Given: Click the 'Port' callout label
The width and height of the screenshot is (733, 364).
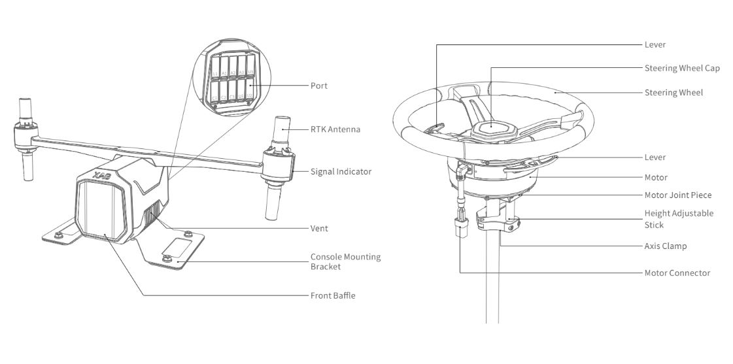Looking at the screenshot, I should click(318, 86).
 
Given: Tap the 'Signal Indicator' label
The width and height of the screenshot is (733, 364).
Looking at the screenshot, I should click(340, 172).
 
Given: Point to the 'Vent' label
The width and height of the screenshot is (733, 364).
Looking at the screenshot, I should click(319, 228).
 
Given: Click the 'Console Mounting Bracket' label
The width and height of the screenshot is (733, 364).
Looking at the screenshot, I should click(345, 261).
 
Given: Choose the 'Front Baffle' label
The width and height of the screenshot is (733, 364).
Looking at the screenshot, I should click(333, 296).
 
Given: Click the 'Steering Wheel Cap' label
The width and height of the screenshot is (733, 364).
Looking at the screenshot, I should click(682, 68).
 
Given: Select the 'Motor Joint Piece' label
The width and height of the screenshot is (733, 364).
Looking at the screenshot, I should click(678, 195).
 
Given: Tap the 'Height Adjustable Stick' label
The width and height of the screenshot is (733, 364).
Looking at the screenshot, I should click(679, 219).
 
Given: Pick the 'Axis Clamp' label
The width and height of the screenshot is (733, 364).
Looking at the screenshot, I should click(665, 246).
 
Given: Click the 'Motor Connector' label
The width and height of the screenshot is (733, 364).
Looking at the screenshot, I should click(677, 273).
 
